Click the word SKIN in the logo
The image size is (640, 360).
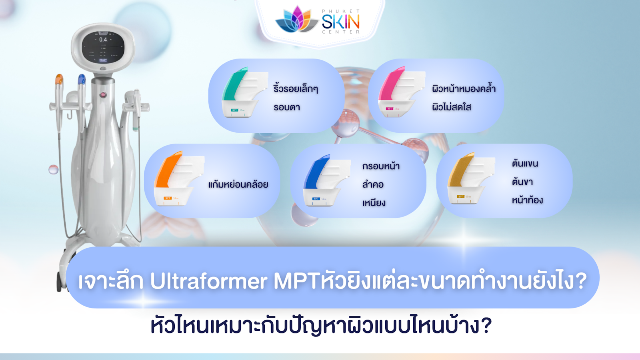(x=341, y=22)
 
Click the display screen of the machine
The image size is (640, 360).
(x=103, y=47)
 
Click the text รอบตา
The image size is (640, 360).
(x=286, y=107)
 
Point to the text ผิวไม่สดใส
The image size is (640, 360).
(x=451, y=107)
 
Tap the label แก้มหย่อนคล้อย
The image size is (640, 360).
(x=238, y=184)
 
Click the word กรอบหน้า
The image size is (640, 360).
(x=381, y=166)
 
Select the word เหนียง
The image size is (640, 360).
(x=374, y=203)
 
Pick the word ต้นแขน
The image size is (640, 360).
(x=525, y=163)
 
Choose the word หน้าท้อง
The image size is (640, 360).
(x=527, y=200)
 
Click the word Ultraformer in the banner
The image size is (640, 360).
(x=208, y=281)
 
